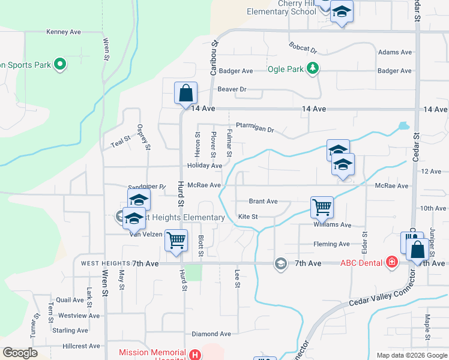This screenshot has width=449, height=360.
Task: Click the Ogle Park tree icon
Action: [x=312, y=68]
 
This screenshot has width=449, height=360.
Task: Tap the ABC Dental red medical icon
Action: [x=392, y=262]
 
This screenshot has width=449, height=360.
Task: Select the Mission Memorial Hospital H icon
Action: [x=194, y=355]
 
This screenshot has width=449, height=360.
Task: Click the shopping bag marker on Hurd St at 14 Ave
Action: [x=185, y=94]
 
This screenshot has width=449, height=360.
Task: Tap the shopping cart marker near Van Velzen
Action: [x=176, y=240]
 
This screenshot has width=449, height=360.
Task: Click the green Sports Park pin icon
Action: [x=59, y=64]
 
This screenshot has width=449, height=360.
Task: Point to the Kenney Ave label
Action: [x=64, y=31]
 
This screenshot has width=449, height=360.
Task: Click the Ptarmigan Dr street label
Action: [x=255, y=129]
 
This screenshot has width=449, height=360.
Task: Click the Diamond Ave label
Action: [x=211, y=334]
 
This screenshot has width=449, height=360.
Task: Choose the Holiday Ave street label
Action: [x=204, y=166]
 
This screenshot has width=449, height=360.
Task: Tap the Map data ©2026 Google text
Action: [x=411, y=355]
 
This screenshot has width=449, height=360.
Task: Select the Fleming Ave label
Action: [x=331, y=244]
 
